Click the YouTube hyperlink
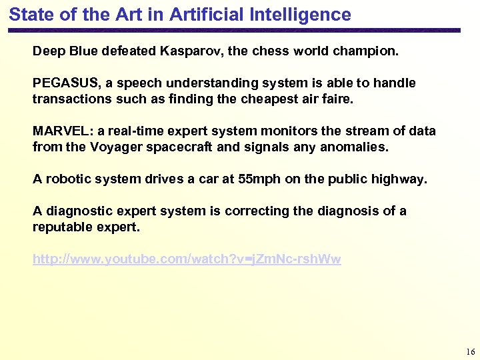(x=187, y=259)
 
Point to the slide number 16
(x=471, y=351)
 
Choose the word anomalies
(x=355, y=147)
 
